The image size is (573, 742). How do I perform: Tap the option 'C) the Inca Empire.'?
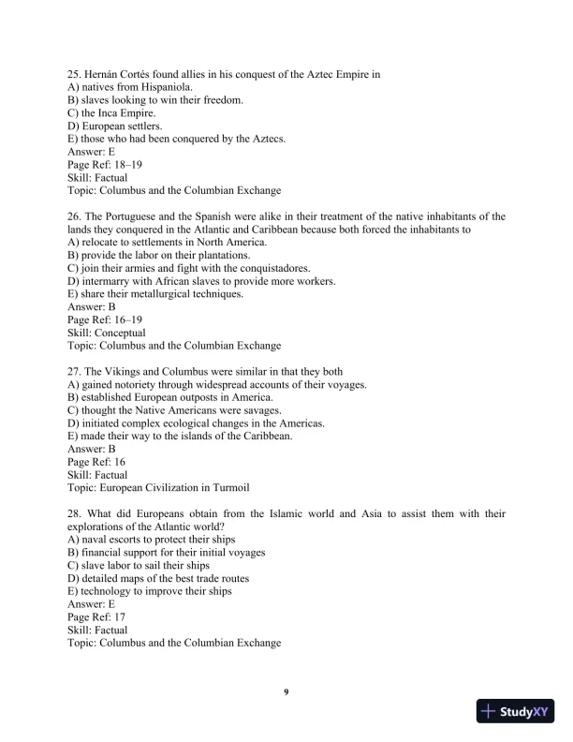pos(111,112)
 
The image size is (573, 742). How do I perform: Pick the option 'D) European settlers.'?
pos(115,126)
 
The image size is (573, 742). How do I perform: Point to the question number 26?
pos(74,216)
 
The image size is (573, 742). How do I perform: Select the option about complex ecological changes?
pos(197,423)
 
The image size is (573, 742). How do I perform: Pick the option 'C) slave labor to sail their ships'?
pos(139,566)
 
